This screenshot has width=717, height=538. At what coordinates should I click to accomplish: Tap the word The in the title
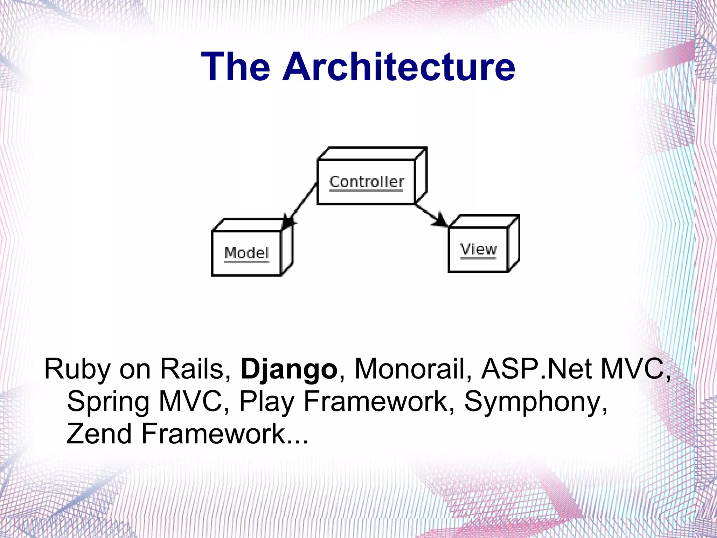click(x=235, y=67)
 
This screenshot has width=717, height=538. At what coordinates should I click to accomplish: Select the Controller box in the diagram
click(x=366, y=182)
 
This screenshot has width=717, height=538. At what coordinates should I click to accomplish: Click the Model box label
click(x=246, y=253)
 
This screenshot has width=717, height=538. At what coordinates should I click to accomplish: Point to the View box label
click(x=478, y=250)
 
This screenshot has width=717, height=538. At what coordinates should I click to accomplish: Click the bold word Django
click(x=288, y=370)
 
